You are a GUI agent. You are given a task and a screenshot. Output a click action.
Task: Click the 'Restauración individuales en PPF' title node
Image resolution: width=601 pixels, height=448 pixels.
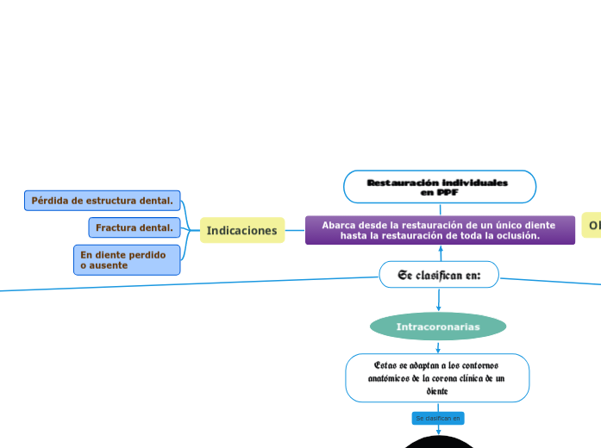pyautogui.click(x=439, y=187)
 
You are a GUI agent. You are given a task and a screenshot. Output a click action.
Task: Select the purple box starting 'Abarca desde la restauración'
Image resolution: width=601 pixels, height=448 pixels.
pyautogui.click(x=440, y=230)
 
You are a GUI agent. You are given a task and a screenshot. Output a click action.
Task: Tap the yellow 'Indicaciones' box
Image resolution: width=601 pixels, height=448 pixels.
pyautogui.click(x=242, y=230)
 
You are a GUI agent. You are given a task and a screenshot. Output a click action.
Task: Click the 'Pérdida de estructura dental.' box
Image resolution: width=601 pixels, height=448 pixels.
pyautogui.click(x=103, y=201)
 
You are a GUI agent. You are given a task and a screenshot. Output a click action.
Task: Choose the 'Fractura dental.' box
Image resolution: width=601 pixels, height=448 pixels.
pyautogui.click(x=135, y=227)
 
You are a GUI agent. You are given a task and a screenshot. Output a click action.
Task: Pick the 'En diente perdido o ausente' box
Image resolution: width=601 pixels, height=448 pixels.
pyautogui.click(x=127, y=260)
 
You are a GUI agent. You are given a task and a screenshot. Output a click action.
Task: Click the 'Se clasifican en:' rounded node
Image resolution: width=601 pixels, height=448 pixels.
pyautogui.click(x=439, y=275)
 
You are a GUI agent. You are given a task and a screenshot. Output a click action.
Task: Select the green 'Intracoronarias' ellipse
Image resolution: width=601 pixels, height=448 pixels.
pyautogui.click(x=438, y=327)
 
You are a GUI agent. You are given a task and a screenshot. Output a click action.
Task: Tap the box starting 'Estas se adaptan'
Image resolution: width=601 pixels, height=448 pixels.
pyautogui.click(x=437, y=377)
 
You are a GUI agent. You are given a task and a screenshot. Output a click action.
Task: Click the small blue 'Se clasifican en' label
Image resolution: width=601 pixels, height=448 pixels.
pyautogui.click(x=438, y=418)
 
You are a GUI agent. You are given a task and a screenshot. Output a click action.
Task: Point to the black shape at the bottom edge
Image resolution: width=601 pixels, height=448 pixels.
pyautogui.click(x=439, y=442)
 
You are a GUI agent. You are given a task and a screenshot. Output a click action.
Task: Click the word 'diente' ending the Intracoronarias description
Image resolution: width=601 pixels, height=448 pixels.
pyautogui.click(x=437, y=390)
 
